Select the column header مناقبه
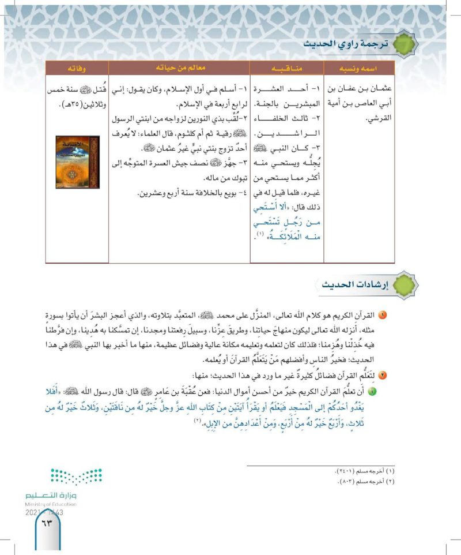(x=286, y=68)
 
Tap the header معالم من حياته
(x=180, y=68)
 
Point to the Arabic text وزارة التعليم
(x=51, y=495)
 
